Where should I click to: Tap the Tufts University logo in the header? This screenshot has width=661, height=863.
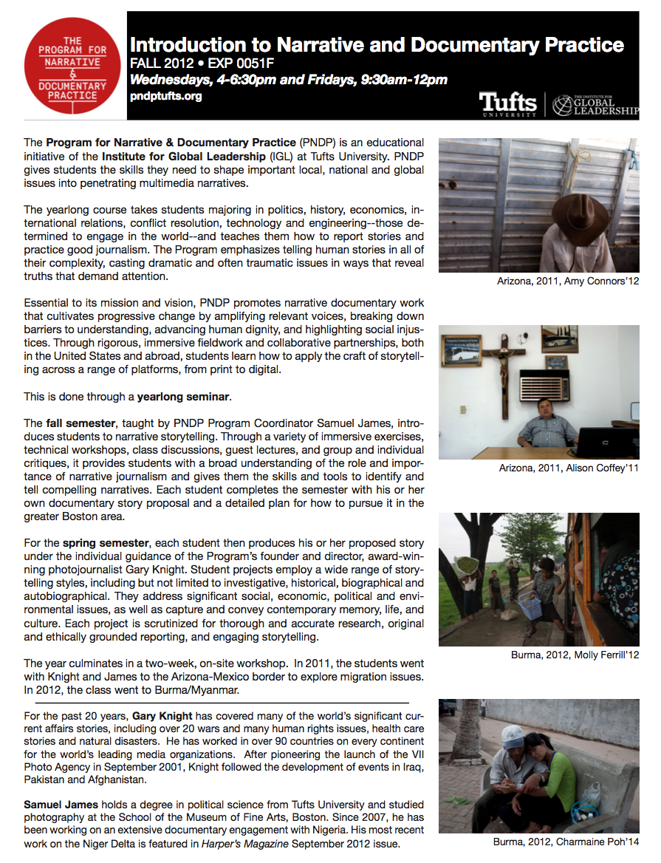coord(509,103)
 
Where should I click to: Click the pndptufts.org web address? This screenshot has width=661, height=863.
coord(165,96)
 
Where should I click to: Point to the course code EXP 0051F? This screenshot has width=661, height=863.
coord(236,63)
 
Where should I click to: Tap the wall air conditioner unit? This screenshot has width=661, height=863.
coord(545,385)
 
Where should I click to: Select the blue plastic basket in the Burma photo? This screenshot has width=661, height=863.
coord(530,608)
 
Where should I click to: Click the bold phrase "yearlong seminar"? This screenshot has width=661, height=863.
coord(184,397)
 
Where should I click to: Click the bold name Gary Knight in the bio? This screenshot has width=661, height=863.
coord(163,716)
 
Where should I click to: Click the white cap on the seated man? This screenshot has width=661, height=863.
coord(513,734)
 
